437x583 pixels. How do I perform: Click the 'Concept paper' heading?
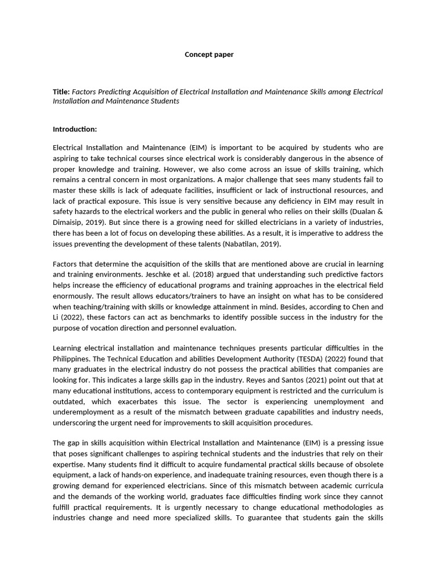209,55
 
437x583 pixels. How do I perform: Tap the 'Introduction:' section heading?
75,129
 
